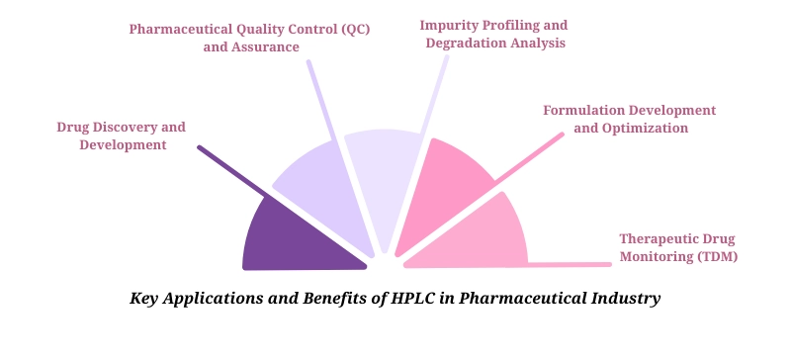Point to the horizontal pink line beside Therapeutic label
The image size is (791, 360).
569,265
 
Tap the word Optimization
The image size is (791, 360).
646,128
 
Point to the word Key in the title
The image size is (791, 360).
145,298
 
